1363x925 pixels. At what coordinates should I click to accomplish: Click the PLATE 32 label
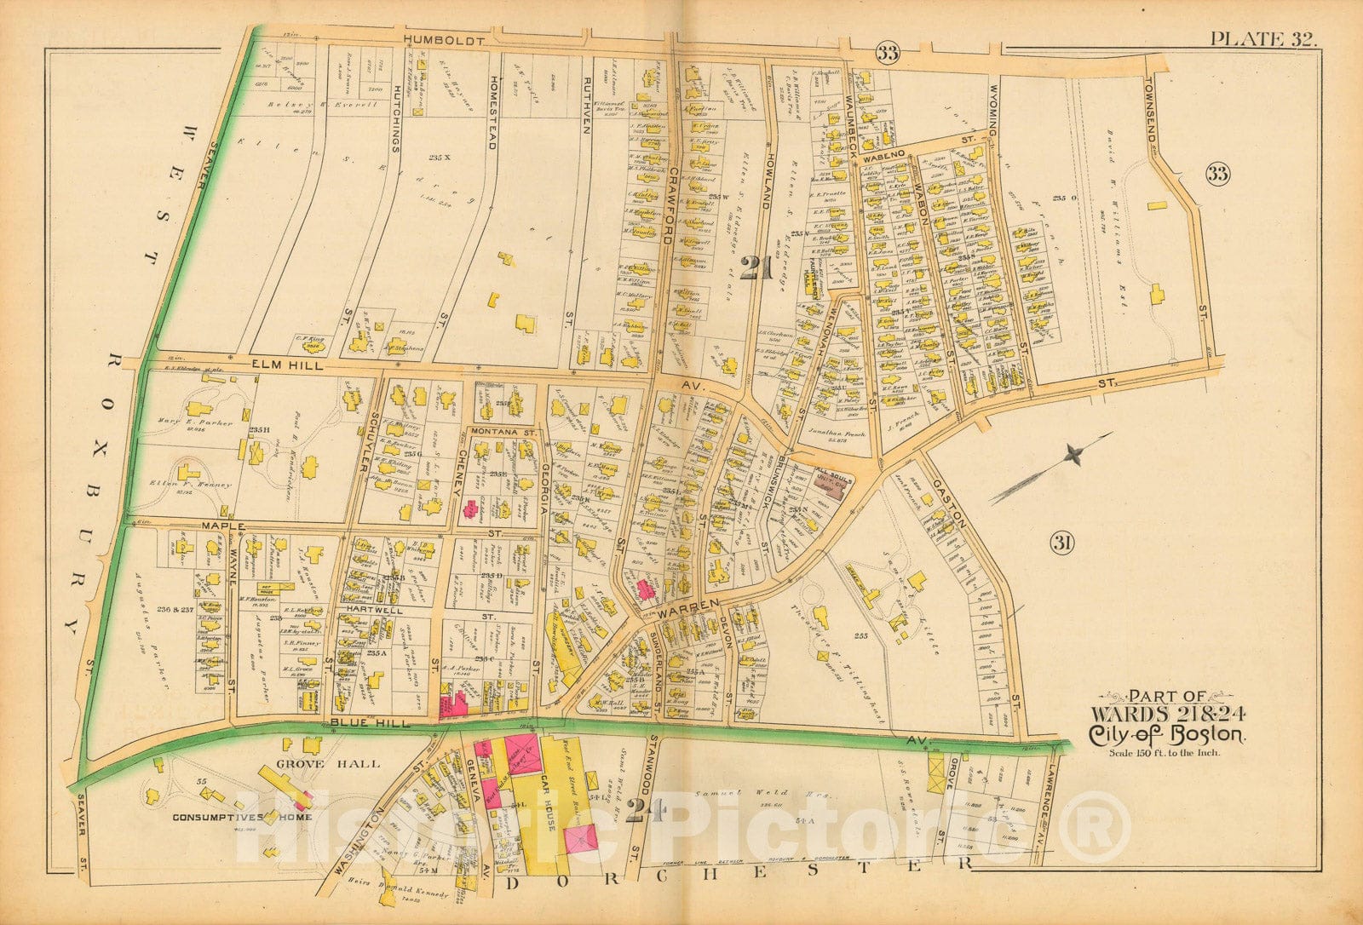1263,38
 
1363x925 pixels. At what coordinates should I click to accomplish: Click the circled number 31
1060,543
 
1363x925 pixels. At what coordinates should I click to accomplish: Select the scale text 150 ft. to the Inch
1165,752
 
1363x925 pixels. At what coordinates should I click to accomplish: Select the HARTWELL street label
373,611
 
